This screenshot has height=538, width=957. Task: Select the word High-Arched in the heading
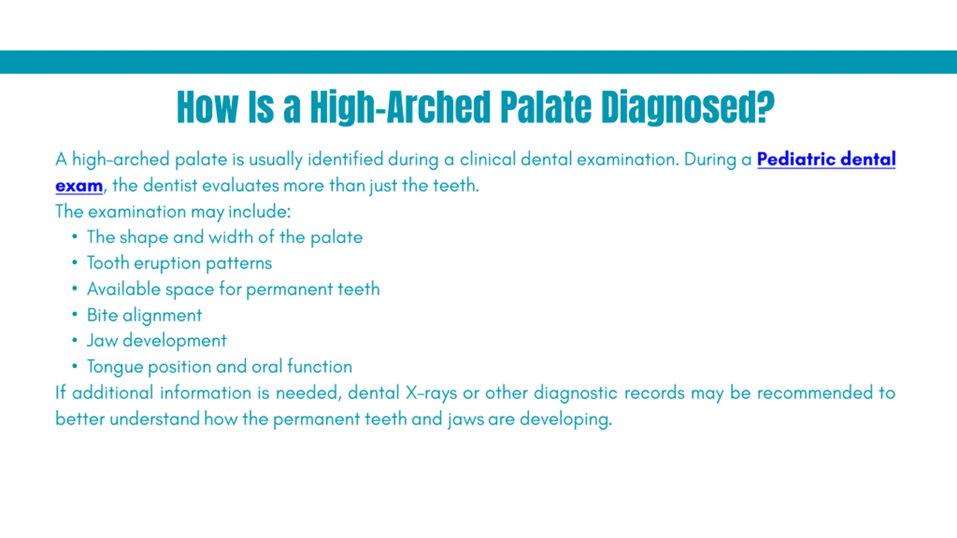coord(400,107)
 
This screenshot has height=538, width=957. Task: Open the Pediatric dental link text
coord(826,159)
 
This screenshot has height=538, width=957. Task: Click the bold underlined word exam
coord(79,186)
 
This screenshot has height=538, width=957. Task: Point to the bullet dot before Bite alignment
coord(75,315)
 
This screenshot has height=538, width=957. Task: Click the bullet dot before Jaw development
coord(75,340)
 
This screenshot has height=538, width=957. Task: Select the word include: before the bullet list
coord(259,211)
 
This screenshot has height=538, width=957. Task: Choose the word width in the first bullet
coord(231,237)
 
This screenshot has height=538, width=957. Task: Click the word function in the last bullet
coord(320,367)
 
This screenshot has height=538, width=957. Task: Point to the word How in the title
coord(207,107)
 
